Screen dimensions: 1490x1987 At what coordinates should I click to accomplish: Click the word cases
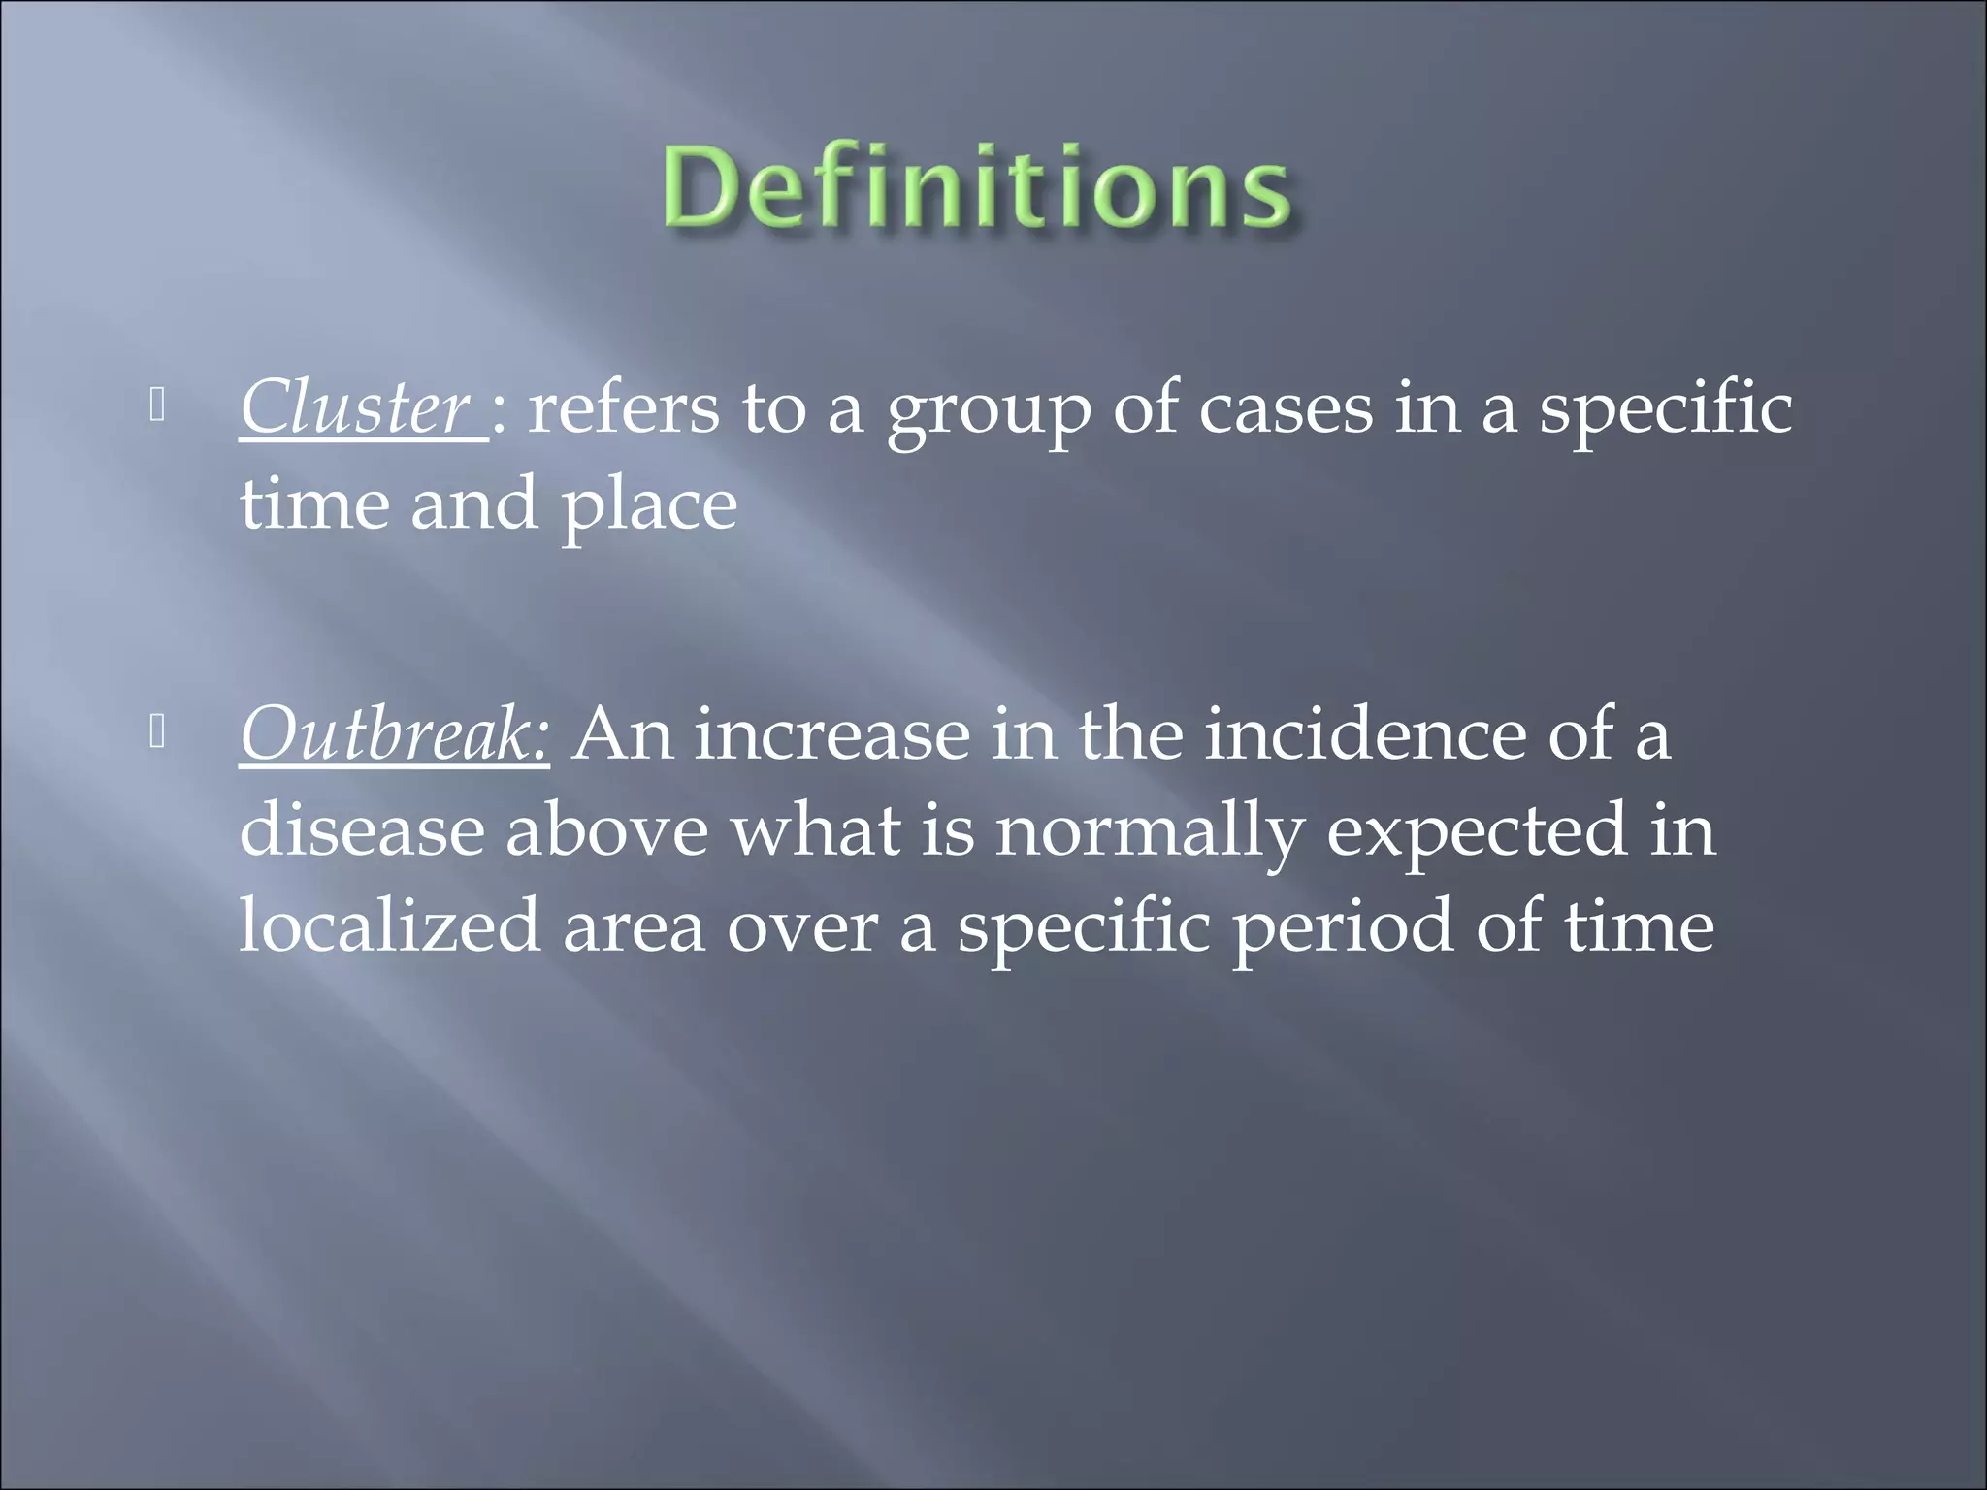click(x=1286, y=408)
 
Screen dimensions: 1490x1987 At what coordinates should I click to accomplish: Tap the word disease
click(x=362, y=830)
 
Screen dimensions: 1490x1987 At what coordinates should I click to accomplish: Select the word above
click(x=607, y=830)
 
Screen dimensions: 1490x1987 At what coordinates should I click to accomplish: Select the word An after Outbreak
click(x=622, y=734)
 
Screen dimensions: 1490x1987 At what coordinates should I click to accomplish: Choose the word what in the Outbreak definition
click(x=815, y=830)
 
